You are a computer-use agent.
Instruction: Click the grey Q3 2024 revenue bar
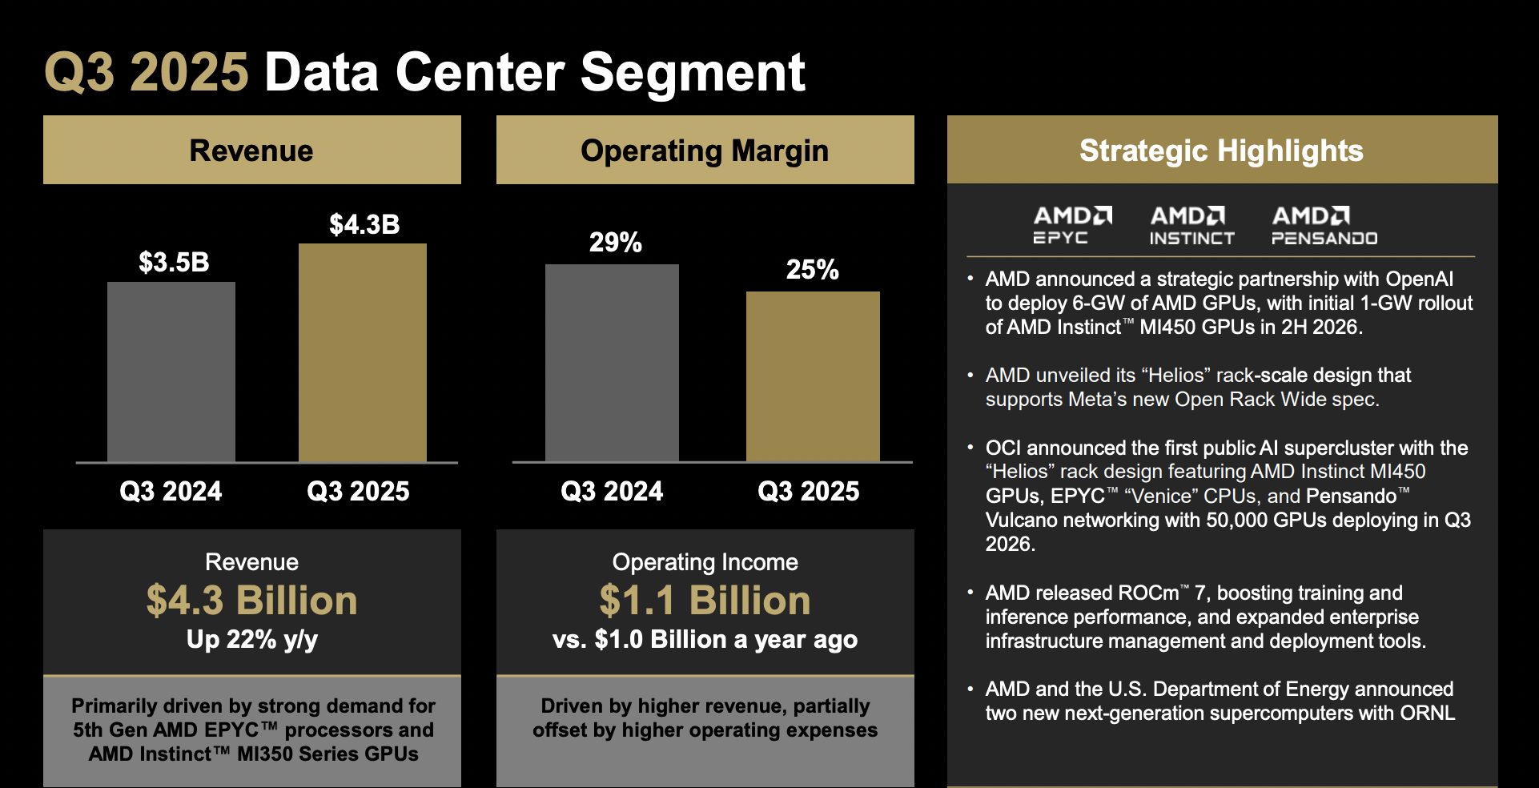pos(171,372)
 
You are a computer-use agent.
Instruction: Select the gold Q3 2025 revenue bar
pos(363,352)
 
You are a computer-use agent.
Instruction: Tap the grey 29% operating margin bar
pos(612,363)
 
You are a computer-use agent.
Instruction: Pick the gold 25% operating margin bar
pos(813,376)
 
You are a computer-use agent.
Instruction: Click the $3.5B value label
pos(174,262)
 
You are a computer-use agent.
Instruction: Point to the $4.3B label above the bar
pos(364,224)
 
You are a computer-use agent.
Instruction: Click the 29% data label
pos(615,242)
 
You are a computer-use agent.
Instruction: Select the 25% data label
pos(812,270)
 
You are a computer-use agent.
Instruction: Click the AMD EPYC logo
pos(1072,225)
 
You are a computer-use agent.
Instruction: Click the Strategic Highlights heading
pos(1221,151)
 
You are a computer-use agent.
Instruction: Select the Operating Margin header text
pos(705,151)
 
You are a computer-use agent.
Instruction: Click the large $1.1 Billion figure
pos(705,601)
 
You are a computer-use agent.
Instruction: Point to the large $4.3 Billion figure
pos(251,601)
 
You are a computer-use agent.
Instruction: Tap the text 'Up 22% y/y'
pos(251,639)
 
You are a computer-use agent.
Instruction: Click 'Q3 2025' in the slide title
pos(147,72)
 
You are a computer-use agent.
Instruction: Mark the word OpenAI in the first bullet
pos(1419,279)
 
